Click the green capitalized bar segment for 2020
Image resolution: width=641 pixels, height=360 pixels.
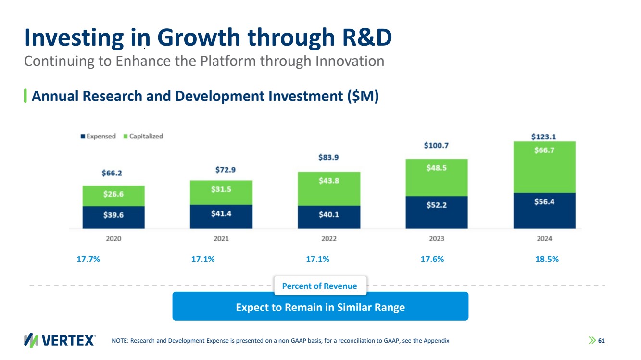tap(113, 196)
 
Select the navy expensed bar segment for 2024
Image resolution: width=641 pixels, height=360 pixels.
tap(544, 211)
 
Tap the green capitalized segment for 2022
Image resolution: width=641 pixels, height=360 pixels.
tap(329, 188)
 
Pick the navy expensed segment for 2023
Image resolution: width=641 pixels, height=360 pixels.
tap(437, 212)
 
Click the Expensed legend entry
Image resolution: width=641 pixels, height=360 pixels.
tap(98, 136)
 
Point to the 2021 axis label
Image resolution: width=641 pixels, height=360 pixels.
tap(221, 239)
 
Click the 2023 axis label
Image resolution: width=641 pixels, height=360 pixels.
tap(437, 239)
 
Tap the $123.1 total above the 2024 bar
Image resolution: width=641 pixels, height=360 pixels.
tap(544, 137)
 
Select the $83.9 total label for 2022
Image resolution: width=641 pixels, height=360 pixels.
tap(329, 157)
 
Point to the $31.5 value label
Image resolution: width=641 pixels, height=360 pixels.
tap(221, 189)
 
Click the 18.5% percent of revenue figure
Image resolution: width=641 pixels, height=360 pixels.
tap(547, 259)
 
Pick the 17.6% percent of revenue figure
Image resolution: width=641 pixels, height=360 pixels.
tap(432, 259)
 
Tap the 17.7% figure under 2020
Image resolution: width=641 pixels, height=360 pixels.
tap(88, 259)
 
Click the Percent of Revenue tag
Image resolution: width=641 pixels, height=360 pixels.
tap(319, 286)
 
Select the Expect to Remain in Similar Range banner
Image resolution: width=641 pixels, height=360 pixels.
tap(320, 307)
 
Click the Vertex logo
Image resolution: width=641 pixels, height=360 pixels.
tap(60, 340)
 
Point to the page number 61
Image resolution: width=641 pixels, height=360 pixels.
tap(601, 340)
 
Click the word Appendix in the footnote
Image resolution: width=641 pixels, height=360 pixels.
tap(435, 341)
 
